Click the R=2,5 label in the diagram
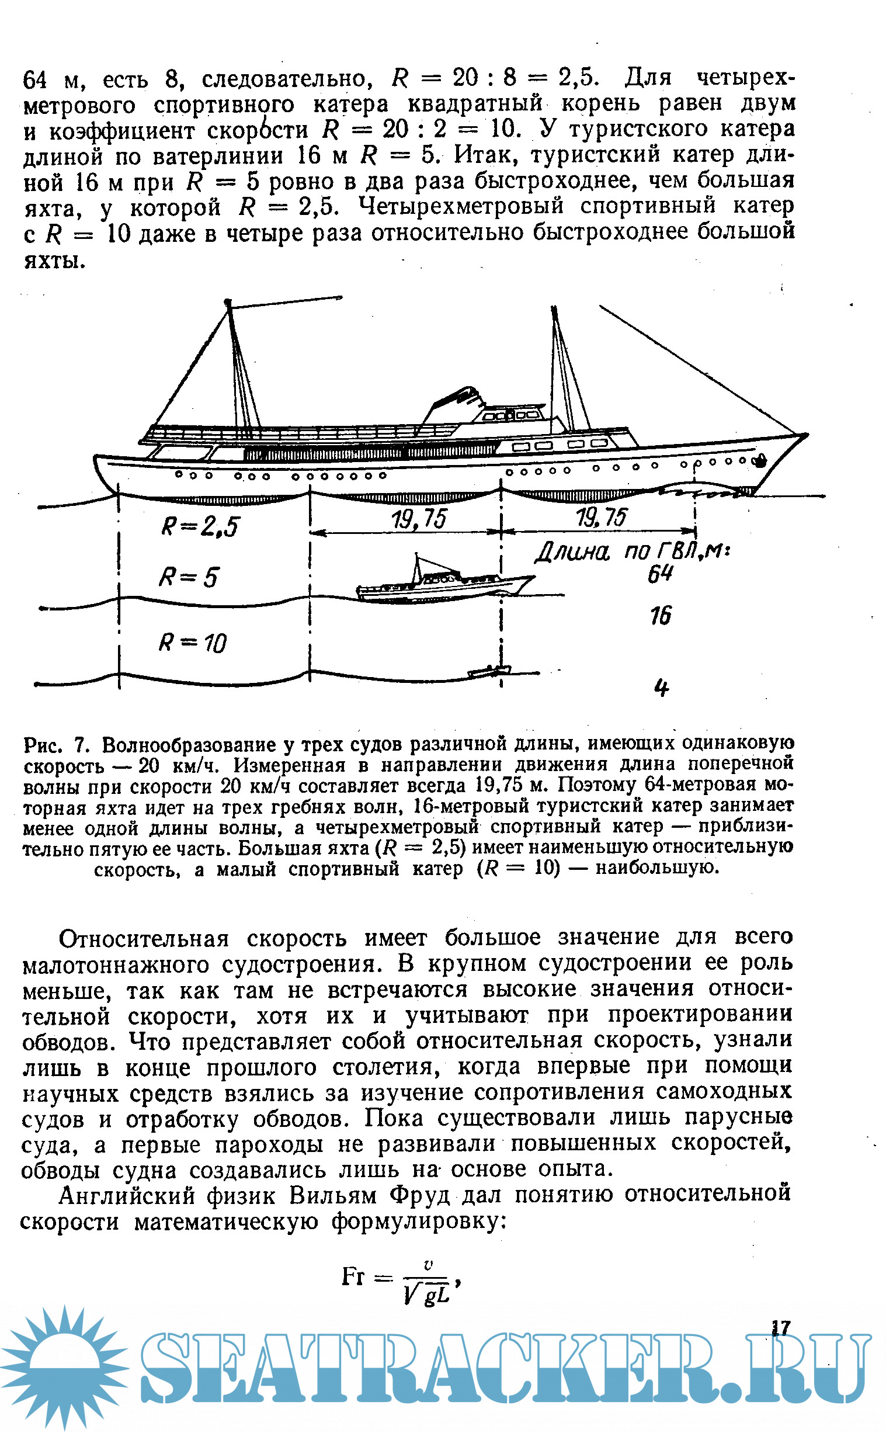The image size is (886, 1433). click(x=200, y=526)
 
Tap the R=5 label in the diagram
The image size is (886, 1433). click(x=188, y=578)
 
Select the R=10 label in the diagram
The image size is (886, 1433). click(x=192, y=643)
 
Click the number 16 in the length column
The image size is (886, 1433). click(x=661, y=615)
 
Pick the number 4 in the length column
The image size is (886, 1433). click(x=661, y=688)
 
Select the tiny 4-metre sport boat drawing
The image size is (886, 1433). click(x=489, y=672)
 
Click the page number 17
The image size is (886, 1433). click(x=780, y=1327)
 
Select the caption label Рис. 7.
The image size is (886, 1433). click(x=56, y=745)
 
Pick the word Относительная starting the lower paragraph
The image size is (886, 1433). click(x=144, y=939)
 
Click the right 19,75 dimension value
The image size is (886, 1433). click(x=600, y=517)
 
